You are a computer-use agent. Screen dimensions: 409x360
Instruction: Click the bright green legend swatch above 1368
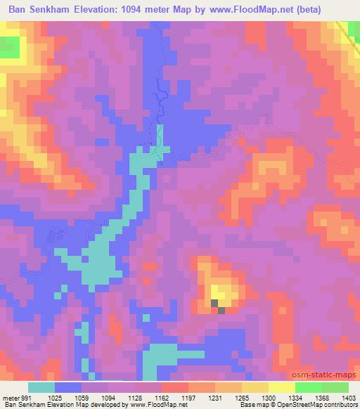click(308, 387)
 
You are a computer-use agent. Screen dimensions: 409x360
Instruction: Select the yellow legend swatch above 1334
click(281, 387)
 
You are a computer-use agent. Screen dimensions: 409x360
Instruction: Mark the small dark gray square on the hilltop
click(222, 310)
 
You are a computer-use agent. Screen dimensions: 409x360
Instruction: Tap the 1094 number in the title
click(146, 9)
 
